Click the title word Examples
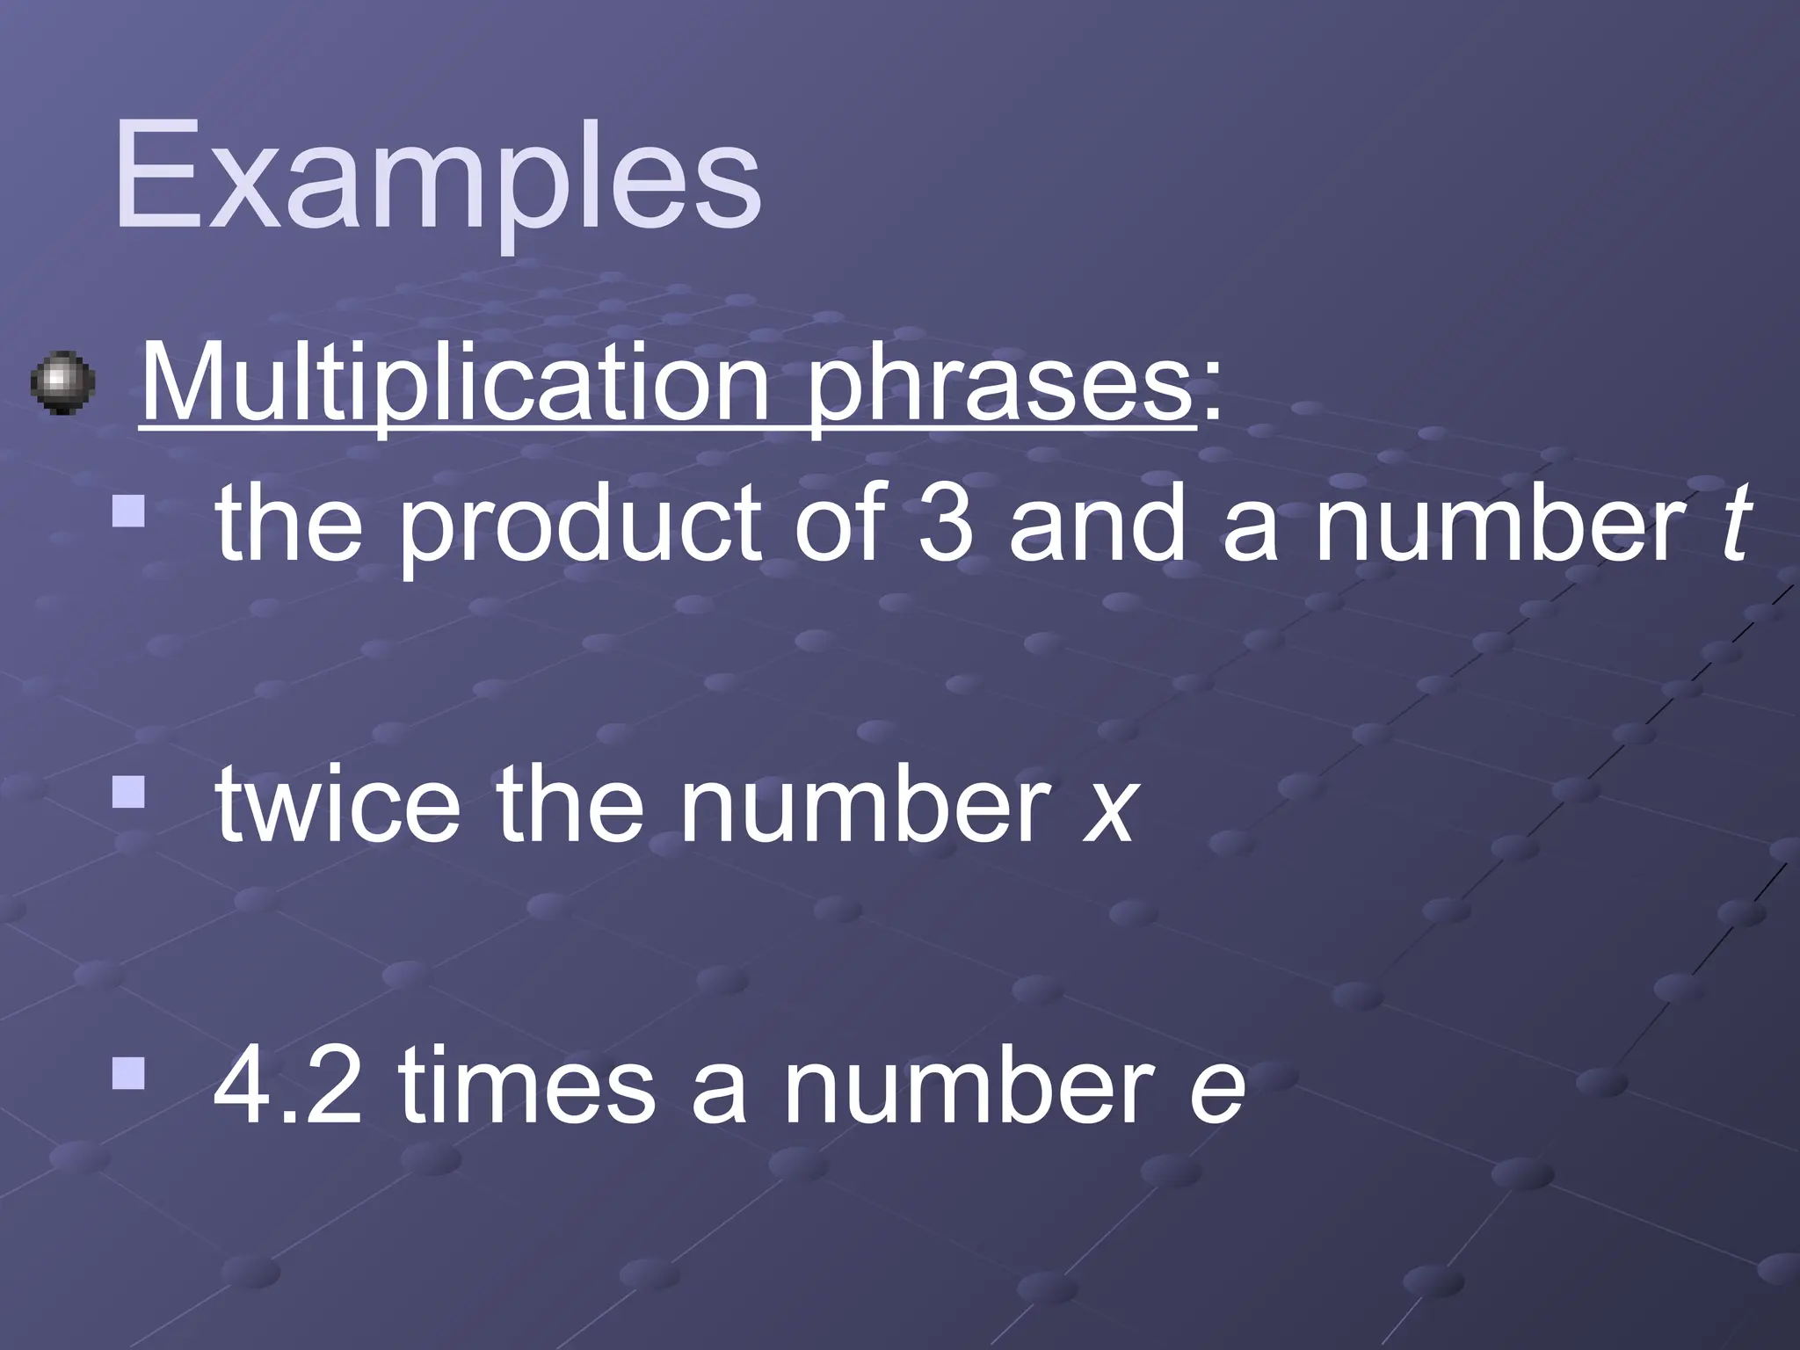(437, 180)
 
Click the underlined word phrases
(999, 391)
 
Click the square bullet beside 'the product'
(128, 512)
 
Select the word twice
(337, 805)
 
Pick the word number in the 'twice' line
(867, 805)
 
